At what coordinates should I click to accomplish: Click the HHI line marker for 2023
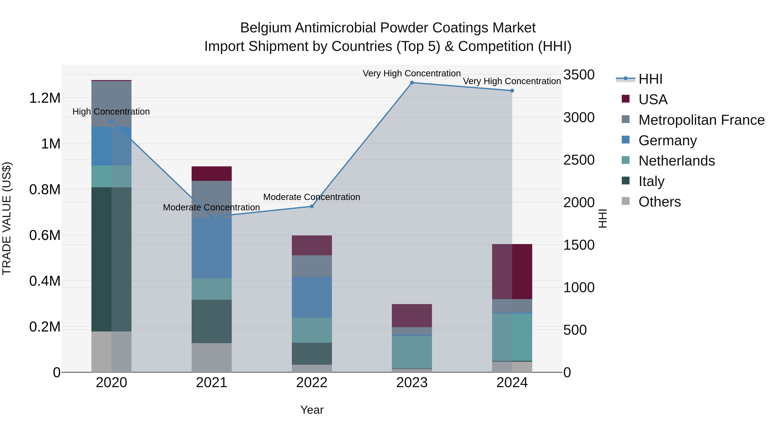(x=412, y=83)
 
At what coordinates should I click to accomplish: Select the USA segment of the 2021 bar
(x=211, y=174)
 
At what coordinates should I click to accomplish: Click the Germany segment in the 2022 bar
(x=312, y=297)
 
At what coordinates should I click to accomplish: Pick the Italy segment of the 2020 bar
(x=111, y=259)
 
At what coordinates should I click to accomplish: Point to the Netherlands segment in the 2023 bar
(x=412, y=352)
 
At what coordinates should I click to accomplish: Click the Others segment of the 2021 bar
(x=211, y=357)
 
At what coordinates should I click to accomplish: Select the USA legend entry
(x=652, y=99)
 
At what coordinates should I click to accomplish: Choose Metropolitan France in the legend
(x=701, y=120)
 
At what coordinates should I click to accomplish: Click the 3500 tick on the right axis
(x=579, y=75)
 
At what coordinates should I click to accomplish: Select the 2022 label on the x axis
(x=312, y=383)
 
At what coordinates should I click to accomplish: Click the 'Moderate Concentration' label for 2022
(x=311, y=197)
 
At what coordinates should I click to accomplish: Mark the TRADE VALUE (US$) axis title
(x=7, y=218)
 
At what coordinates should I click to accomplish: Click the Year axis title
(x=312, y=410)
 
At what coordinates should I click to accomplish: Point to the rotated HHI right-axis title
(x=602, y=218)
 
